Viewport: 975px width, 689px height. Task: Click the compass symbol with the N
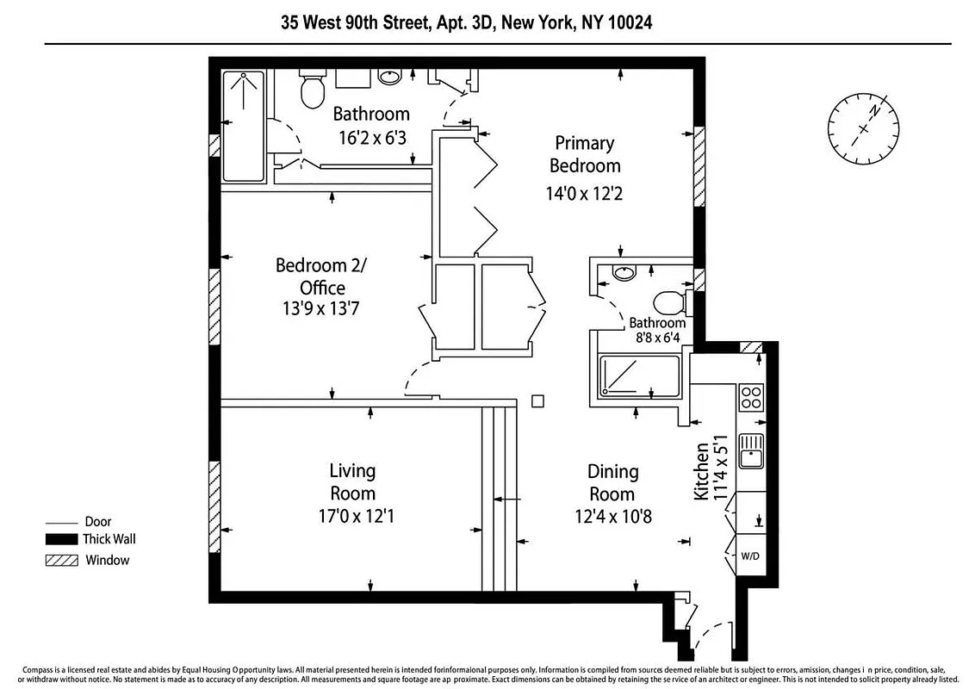coord(864,128)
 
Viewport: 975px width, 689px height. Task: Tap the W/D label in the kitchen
coord(750,556)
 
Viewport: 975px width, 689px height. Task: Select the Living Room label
coord(352,482)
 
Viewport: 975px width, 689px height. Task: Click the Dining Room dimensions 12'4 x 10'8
coord(612,517)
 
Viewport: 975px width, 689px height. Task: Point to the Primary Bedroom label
coord(584,154)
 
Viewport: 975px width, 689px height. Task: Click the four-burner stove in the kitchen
coord(751,397)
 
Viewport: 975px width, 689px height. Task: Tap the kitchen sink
coord(751,451)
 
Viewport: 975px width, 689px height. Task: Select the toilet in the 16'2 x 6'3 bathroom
coord(312,90)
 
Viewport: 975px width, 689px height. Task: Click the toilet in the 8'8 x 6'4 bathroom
coord(669,303)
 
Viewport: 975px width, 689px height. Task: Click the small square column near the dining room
coord(537,400)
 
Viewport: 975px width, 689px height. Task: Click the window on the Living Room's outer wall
coord(214,493)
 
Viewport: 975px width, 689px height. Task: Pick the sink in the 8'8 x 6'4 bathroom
coord(624,274)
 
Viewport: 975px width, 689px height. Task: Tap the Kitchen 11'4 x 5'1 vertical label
coord(709,470)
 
